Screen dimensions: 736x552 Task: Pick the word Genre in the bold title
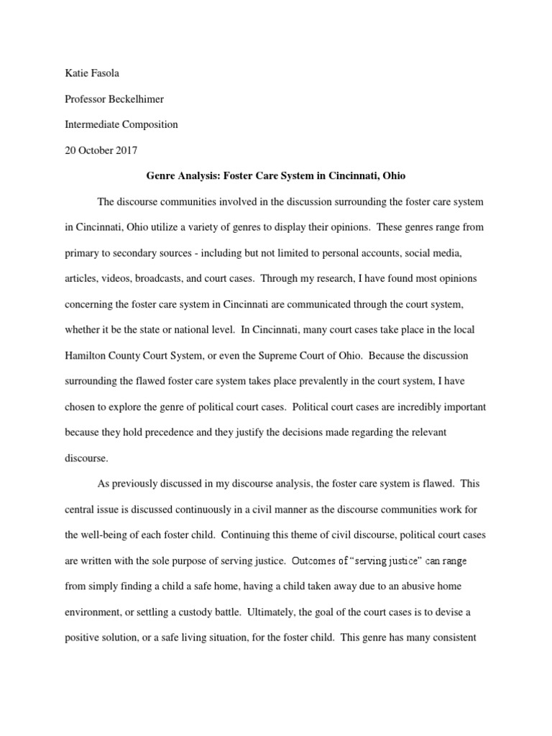161,175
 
